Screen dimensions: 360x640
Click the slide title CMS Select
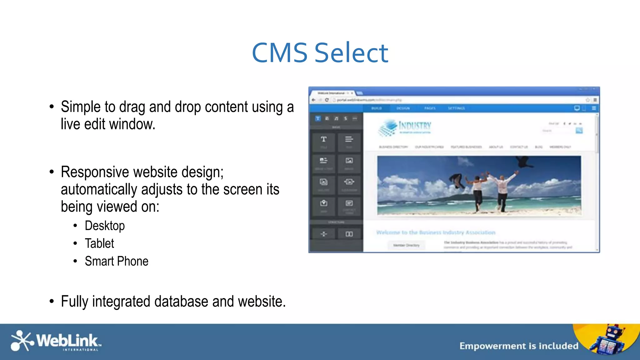point(320,53)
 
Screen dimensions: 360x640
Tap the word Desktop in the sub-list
point(105,226)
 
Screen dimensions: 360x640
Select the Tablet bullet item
point(99,243)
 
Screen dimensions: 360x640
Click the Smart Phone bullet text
point(117,261)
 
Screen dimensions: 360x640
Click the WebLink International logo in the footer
point(56,341)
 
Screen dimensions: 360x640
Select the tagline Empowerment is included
point(519,346)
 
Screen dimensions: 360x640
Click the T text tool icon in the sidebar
point(324,139)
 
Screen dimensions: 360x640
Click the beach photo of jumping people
point(479,185)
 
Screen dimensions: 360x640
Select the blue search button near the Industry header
point(579,131)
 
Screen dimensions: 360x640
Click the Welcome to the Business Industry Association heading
point(436,232)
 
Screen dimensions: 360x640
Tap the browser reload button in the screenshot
point(327,100)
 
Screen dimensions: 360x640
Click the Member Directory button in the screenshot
point(406,245)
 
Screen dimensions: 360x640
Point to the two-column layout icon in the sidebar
point(349,234)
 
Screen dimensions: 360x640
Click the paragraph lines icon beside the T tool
point(349,139)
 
